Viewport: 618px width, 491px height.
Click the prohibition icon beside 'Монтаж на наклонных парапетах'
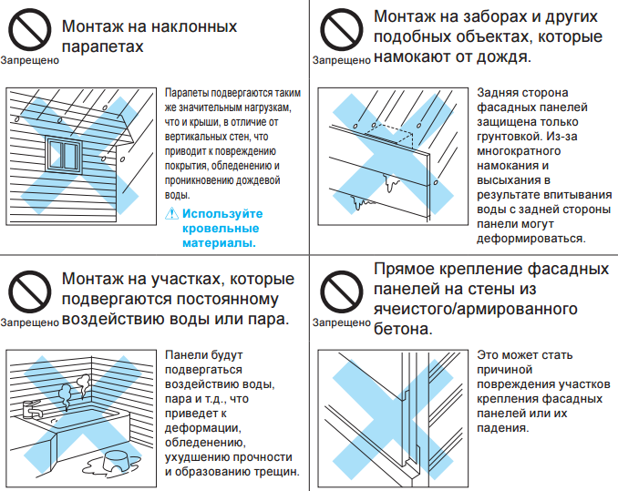pos(30,32)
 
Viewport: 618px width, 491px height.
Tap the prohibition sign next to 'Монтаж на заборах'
pos(338,32)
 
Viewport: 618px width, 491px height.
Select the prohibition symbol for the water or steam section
pos(30,291)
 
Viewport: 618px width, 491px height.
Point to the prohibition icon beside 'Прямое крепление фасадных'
pos(338,291)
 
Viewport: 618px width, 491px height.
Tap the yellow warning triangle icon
pos(171,213)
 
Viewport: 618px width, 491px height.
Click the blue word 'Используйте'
pos(221,214)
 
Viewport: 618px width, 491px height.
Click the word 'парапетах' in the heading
pos(103,46)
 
